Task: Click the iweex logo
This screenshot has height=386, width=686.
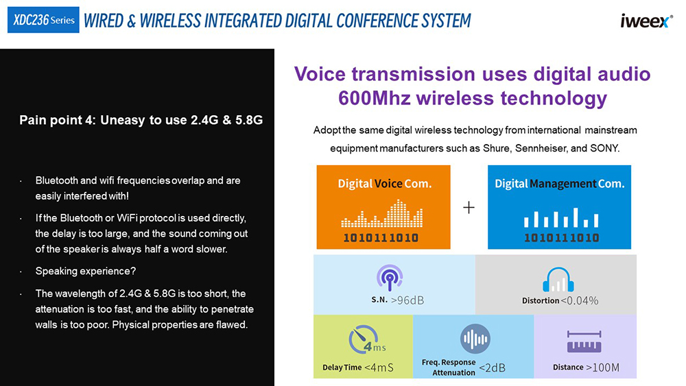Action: [x=646, y=21]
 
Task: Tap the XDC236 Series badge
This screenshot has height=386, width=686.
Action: [x=43, y=20]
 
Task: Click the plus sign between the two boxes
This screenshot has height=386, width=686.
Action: [x=469, y=207]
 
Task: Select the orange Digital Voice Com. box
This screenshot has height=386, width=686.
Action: [x=383, y=207]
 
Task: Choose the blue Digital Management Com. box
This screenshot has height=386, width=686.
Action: [x=559, y=207]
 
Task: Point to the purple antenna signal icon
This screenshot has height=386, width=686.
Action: [x=390, y=278]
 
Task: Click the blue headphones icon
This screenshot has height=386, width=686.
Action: [x=558, y=279]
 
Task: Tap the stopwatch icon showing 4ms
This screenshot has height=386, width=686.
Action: [x=366, y=339]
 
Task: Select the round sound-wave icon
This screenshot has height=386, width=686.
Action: [x=475, y=339]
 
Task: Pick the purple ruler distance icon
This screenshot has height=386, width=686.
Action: [x=584, y=341]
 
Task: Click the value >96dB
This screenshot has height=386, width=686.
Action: [x=407, y=300]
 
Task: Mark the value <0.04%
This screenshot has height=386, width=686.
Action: [x=579, y=301]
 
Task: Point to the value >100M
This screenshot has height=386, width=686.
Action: [x=603, y=367]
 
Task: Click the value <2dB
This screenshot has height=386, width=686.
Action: [x=492, y=368]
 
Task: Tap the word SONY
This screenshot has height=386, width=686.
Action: [x=605, y=148]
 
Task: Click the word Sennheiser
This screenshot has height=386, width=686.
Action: [x=542, y=148]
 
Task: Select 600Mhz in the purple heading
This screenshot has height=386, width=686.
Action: [x=375, y=98]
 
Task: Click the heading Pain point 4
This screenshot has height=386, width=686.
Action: [x=58, y=120]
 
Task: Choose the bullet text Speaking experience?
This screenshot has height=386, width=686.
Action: [x=86, y=271]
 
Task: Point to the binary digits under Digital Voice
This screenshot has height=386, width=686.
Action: [x=381, y=238]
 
